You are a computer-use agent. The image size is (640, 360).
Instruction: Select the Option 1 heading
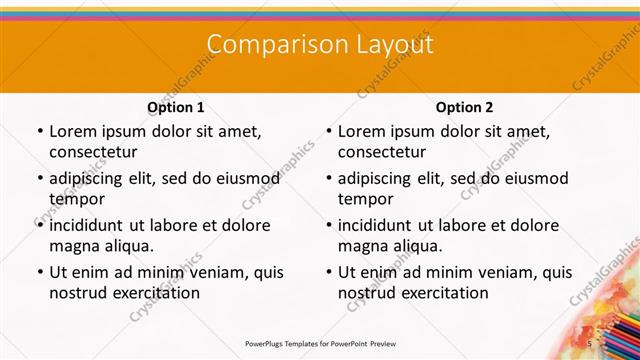[176, 107]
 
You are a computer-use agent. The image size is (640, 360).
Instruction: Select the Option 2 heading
[464, 107]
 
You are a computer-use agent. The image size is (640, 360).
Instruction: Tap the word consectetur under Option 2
[382, 152]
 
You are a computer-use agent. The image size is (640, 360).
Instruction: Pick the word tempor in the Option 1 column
[74, 199]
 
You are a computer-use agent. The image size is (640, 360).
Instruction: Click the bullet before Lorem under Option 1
[37, 132]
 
